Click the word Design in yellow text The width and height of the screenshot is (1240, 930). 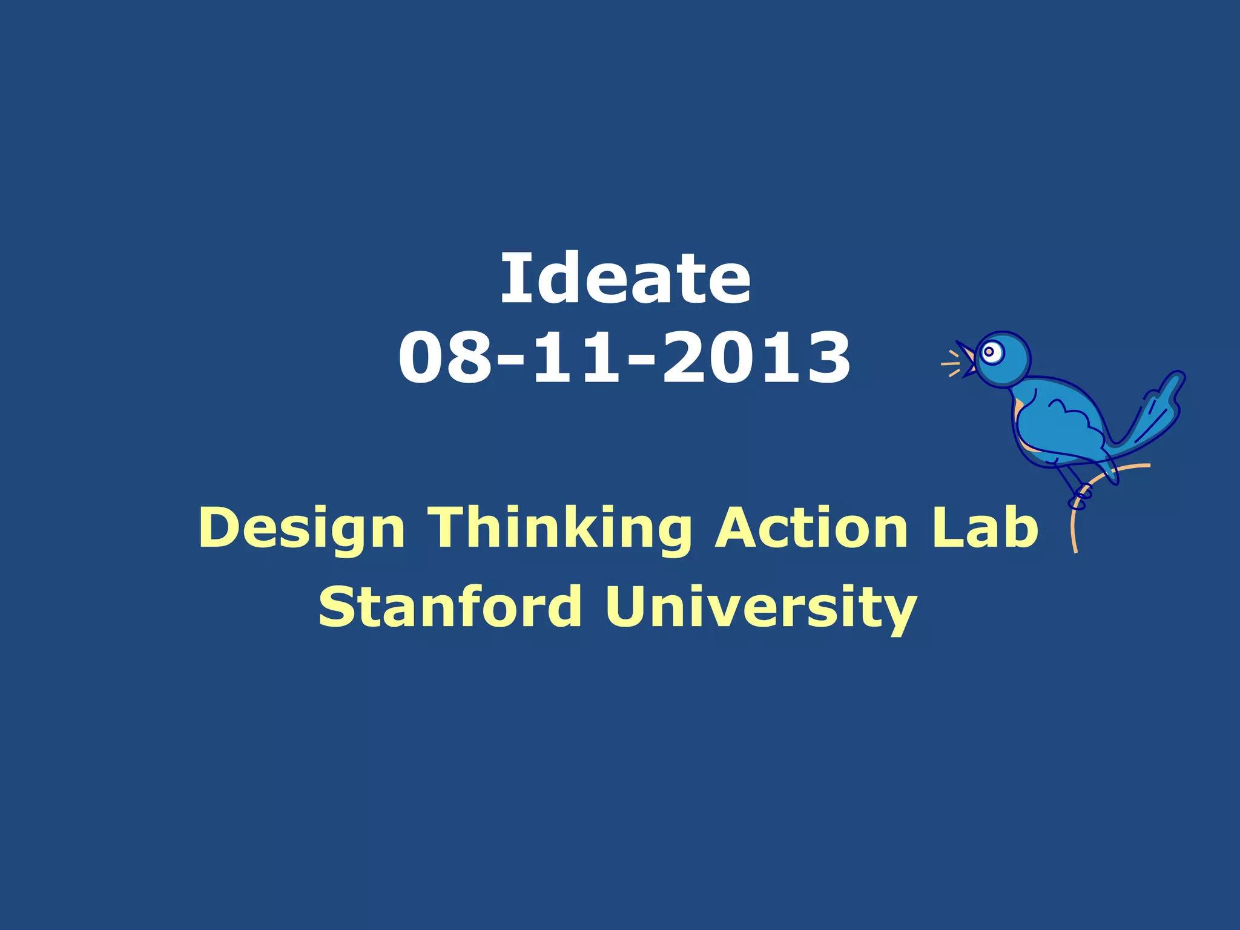pyautogui.click(x=301, y=529)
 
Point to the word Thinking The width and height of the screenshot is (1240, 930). pyautogui.click(x=559, y=529)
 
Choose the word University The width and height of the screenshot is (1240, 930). pyautogui.click(x=760, y=607)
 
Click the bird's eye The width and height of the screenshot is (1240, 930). pyautogui.click(x=989, y=352)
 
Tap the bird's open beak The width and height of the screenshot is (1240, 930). pyautogui.click(x=966, y=360)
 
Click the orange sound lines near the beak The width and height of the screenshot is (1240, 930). pyautogui.click(x=951, y=364)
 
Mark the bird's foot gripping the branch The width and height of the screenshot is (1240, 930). pyautogui.click(x=1080, y=500)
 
